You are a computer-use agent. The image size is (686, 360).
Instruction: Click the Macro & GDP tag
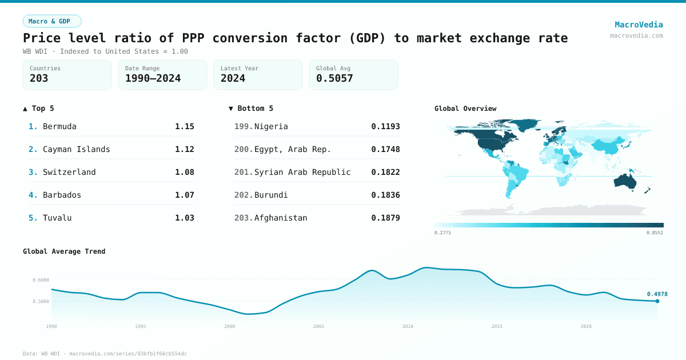(52, 21)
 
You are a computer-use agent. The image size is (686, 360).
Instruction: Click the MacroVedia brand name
(639, 25)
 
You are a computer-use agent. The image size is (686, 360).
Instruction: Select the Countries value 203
(39, 78)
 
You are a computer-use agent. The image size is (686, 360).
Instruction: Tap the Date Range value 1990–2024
(153, 78)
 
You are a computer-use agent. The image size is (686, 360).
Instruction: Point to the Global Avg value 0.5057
(334, 78)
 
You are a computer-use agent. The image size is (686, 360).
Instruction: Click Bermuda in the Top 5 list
(59, 126)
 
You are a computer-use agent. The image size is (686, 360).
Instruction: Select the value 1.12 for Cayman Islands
(184, 149)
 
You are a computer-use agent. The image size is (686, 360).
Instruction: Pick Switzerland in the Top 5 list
(69, 172)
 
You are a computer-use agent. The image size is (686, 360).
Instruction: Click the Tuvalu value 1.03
(184, 218)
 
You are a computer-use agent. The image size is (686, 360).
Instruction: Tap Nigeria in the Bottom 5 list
(271, 126)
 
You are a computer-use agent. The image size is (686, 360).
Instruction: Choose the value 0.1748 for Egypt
(385, 149)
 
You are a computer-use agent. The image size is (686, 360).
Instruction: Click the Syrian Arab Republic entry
(302, 172)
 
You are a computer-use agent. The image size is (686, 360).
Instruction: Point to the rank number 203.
(243, 218)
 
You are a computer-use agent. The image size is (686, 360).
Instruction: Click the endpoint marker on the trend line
(657, 301)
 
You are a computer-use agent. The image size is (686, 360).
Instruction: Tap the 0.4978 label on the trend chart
(657, 294)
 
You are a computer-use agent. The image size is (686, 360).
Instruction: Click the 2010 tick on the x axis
(408, 326)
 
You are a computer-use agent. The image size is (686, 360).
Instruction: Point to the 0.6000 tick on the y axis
(41, 280)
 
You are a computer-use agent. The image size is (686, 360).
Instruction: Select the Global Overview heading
(465, 109)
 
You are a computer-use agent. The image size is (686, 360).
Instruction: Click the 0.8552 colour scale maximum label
(655, 233)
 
